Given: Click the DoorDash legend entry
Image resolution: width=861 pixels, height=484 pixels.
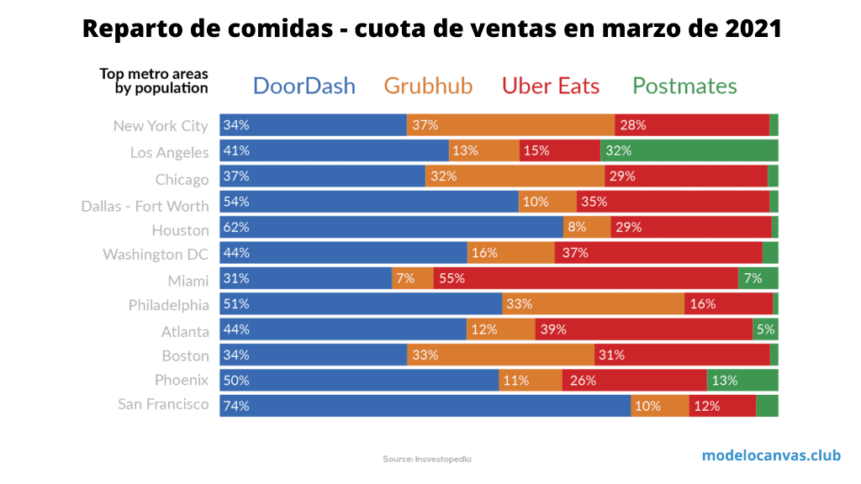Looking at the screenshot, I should (304, 86).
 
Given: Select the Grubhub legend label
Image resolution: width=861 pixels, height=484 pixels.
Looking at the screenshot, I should (428, 86).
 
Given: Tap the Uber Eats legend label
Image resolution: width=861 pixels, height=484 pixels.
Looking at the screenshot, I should (551, 86).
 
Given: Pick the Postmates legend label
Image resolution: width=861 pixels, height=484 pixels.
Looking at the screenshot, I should (684, 86).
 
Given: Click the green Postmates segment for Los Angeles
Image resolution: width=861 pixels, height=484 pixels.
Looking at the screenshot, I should (689, 151).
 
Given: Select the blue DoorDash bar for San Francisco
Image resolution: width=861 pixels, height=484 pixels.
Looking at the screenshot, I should (425, 405).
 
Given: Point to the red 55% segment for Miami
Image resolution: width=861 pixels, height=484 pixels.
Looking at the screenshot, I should (585, 278).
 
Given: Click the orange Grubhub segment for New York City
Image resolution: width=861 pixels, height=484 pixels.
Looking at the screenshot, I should (510, 125).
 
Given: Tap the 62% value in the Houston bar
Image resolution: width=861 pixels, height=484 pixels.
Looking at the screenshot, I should (236, 227).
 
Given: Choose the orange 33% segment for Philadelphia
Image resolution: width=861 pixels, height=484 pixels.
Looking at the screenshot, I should (593, 303).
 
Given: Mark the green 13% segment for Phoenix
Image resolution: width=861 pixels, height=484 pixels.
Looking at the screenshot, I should (742, 380).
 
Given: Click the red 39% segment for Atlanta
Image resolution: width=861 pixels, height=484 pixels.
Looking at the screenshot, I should (643, 329).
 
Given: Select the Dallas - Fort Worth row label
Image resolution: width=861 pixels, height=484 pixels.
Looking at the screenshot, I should (145, 206).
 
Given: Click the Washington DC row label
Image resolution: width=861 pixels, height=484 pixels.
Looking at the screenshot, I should (156, 254).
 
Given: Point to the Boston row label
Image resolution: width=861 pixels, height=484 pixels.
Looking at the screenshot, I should (185, 355).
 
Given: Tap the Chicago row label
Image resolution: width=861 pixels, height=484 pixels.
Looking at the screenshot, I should (182, 180).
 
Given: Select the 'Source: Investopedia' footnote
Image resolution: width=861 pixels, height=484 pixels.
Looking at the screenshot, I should (427, 459).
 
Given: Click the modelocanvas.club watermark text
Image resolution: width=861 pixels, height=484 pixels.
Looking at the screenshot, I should (771, 455).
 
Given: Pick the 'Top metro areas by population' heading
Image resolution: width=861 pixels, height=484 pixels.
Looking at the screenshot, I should (154, 81).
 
